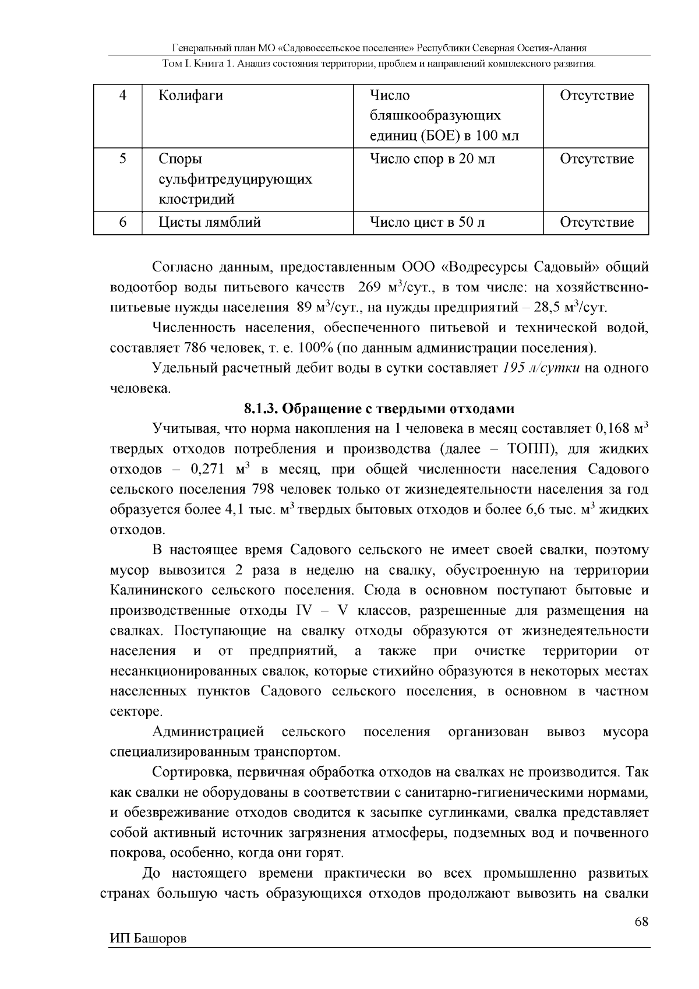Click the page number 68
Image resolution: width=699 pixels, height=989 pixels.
(641, 922)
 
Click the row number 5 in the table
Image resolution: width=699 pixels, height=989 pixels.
(123, 159)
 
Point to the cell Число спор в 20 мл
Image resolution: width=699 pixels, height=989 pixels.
(433, 159)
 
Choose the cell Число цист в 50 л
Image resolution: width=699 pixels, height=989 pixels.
(428, 222)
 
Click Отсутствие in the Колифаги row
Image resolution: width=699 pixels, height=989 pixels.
(596, 96)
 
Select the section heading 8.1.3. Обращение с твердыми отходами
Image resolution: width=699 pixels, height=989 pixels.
(379, 409)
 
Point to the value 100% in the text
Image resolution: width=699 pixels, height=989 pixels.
(315, 349)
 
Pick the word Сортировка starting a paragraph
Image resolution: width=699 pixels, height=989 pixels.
(190, 772)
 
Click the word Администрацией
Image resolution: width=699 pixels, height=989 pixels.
(208, 732)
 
